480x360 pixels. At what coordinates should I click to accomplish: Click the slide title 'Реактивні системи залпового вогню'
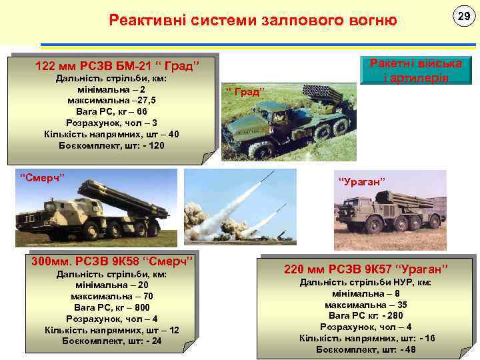click(253, 21)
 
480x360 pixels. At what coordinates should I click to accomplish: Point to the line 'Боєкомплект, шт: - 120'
click(111, 145)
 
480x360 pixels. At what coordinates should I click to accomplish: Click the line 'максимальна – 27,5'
click(111, 100)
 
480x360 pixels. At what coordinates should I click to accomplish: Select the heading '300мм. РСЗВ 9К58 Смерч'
click(112, 260)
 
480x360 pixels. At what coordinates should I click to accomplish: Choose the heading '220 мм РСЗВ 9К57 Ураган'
click(366, 269)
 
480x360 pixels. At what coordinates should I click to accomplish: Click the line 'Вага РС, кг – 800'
click(112, 307)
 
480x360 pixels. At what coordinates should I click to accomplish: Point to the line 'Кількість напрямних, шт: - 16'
click(366, 338)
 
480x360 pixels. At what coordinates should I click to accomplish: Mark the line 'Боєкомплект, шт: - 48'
click(366, 349)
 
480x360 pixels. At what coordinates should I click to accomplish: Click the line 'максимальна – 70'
click(112, 296)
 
